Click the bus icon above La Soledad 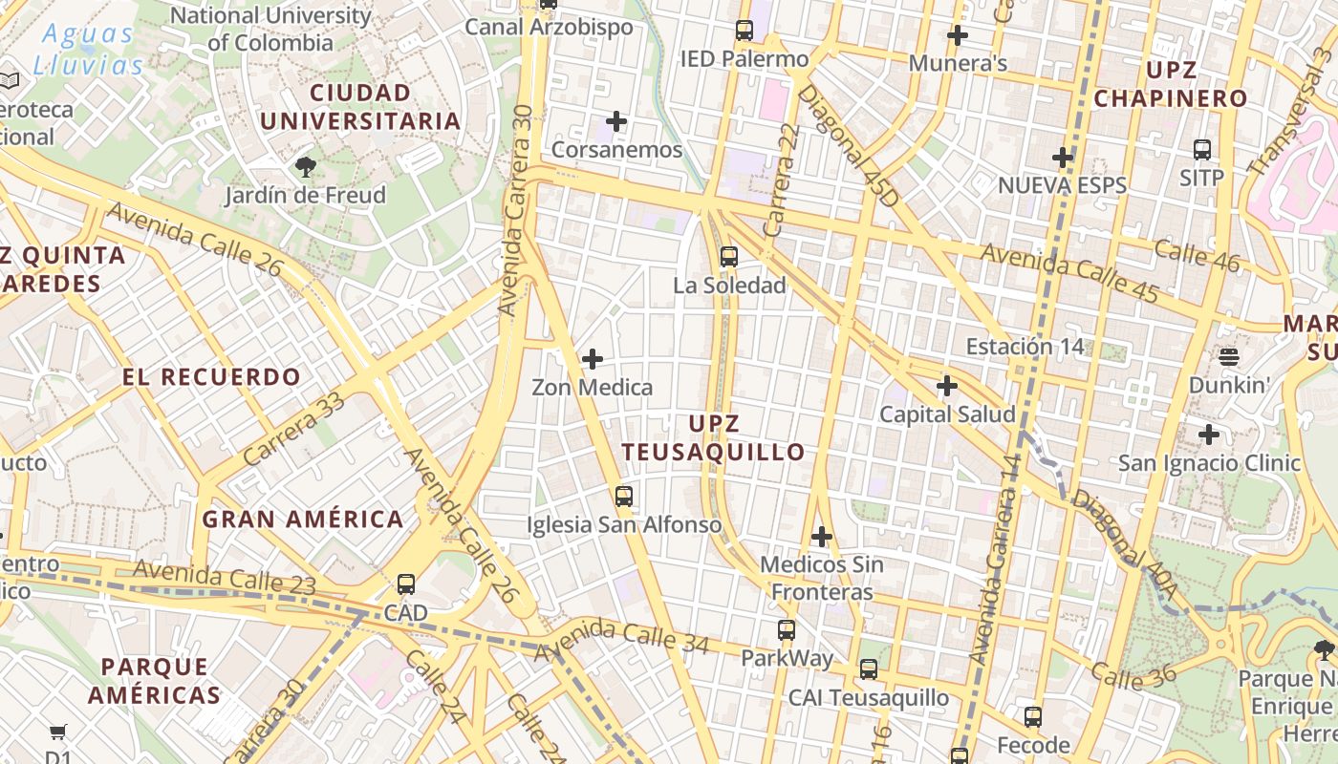(729, 256)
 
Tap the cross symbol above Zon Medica (593, 359)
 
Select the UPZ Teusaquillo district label (713, 437)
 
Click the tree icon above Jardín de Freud (306, 167)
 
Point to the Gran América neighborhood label (303, 520)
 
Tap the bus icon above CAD (406, 584)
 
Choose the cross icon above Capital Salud (947, 386)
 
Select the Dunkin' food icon (1229, 357)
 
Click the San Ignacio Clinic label (1210, 463)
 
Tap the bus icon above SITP (1202, 149)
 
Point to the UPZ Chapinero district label (1171, 84)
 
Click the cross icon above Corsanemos (616, 121)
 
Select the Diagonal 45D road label (849, 146)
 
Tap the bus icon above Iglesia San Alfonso (624, 496)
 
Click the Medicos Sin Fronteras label (822, 578)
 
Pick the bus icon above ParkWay (787, 629)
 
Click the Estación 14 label (1025, 346)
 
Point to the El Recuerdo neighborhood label (211, 376)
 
